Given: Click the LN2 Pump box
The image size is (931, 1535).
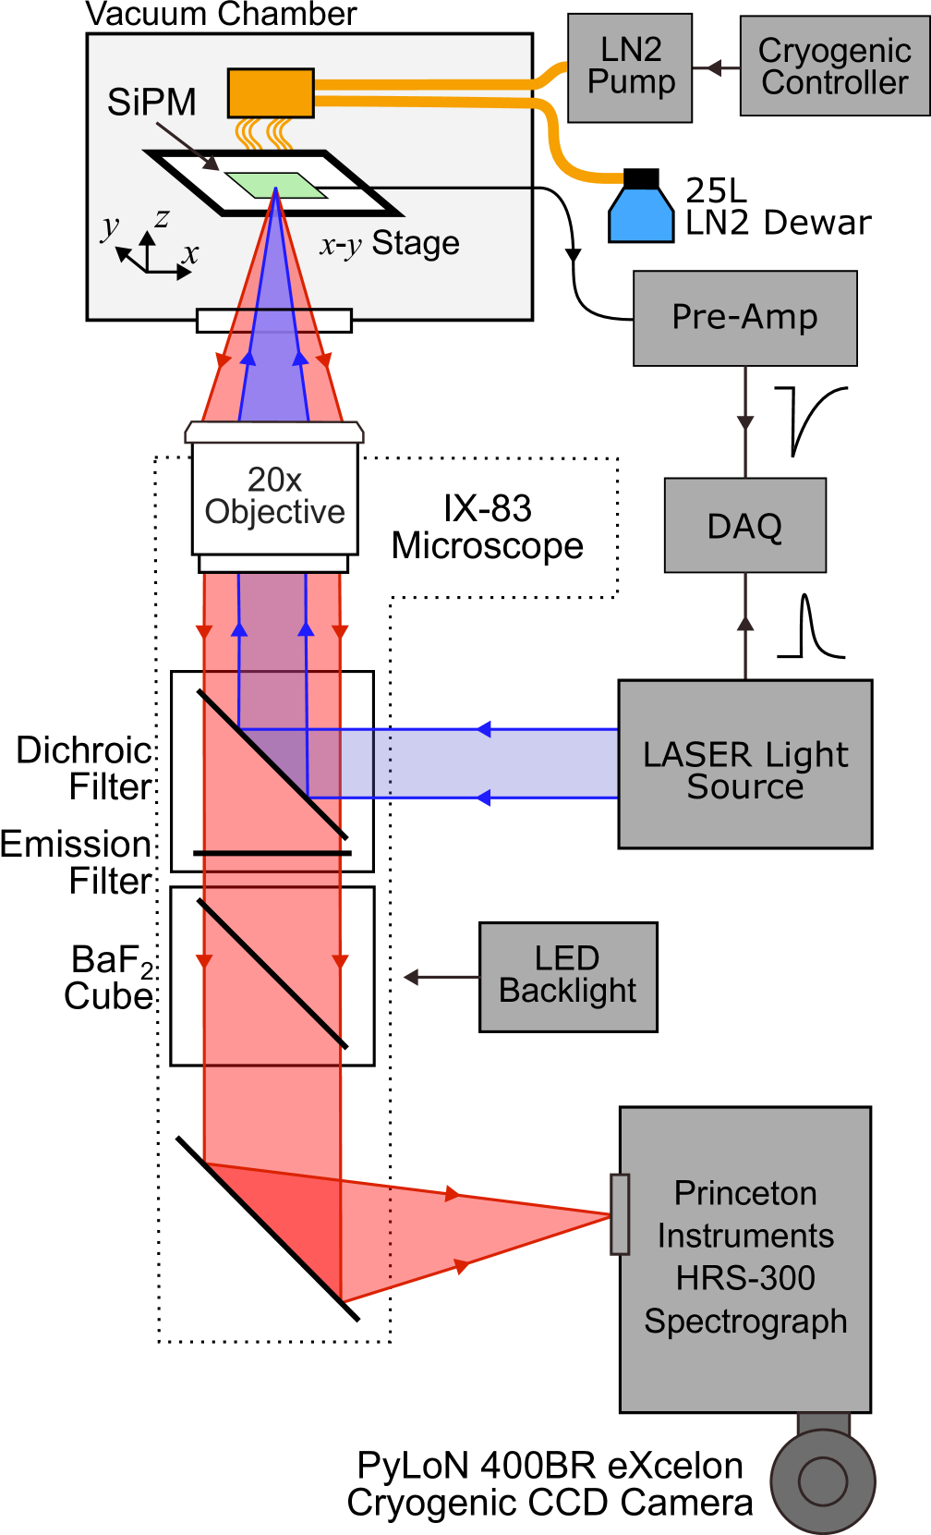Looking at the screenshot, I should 630,67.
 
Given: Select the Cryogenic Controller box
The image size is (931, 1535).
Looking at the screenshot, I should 834,67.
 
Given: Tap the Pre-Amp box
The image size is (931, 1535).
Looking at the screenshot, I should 744,318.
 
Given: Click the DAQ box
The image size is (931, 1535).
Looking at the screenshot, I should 744,525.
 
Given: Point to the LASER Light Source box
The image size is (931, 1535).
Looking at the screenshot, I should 744,764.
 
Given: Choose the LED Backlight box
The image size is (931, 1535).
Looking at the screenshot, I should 568,977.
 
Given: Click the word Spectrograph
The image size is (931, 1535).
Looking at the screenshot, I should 745,1322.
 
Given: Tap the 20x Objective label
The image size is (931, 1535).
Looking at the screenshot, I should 274,496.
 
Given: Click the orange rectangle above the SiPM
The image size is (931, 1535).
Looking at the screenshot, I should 271,93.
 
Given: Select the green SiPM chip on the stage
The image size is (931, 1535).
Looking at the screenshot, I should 276,185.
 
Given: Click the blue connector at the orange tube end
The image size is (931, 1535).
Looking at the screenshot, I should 641,216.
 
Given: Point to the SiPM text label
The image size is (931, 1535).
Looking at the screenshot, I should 151,102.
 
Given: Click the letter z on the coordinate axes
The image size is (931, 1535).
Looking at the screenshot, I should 163,219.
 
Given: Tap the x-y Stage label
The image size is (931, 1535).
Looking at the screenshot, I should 390,244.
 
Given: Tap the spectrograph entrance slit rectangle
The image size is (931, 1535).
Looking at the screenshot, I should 620,1214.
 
